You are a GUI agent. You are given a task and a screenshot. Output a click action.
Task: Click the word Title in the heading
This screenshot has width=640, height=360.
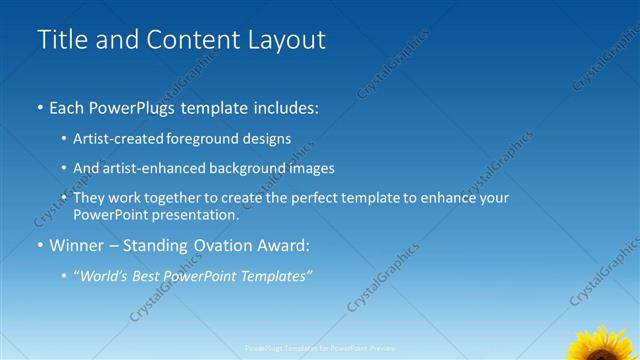tap(62, 40)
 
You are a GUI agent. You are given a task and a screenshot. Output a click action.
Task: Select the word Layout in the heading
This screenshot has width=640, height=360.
tap(284, 40)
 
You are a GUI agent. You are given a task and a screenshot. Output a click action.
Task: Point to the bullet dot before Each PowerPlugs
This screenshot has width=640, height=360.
tap(40, 106)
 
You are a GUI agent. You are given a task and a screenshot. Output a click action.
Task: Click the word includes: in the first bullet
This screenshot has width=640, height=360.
tap(284, 106)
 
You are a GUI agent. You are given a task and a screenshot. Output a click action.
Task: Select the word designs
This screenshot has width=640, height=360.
tap(266, 140)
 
